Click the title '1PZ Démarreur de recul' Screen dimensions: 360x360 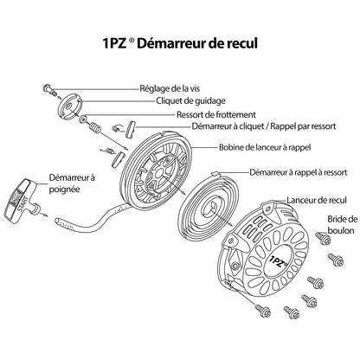pos(180,43)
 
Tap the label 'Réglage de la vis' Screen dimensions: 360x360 pos(170,88)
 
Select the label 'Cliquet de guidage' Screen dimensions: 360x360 pos(190,101)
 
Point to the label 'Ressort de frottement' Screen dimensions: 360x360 pos(216,114)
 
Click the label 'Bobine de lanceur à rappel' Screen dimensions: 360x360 pos(265,147)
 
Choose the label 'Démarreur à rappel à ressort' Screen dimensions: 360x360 pos(299,172)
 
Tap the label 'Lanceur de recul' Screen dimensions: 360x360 pos(317,200)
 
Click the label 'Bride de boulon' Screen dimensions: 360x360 pos(343,225)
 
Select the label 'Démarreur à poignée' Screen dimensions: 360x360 pos(72,183)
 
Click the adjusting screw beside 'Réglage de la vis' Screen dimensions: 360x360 pos(49,89)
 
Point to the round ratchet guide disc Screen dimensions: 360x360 pos(70,106)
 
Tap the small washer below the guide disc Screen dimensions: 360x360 pos(84,119)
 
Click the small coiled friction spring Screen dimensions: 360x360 pos(94,127)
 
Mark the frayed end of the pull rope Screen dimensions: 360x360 pos(58,222)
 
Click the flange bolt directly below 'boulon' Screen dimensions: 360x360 pos(324,238)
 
